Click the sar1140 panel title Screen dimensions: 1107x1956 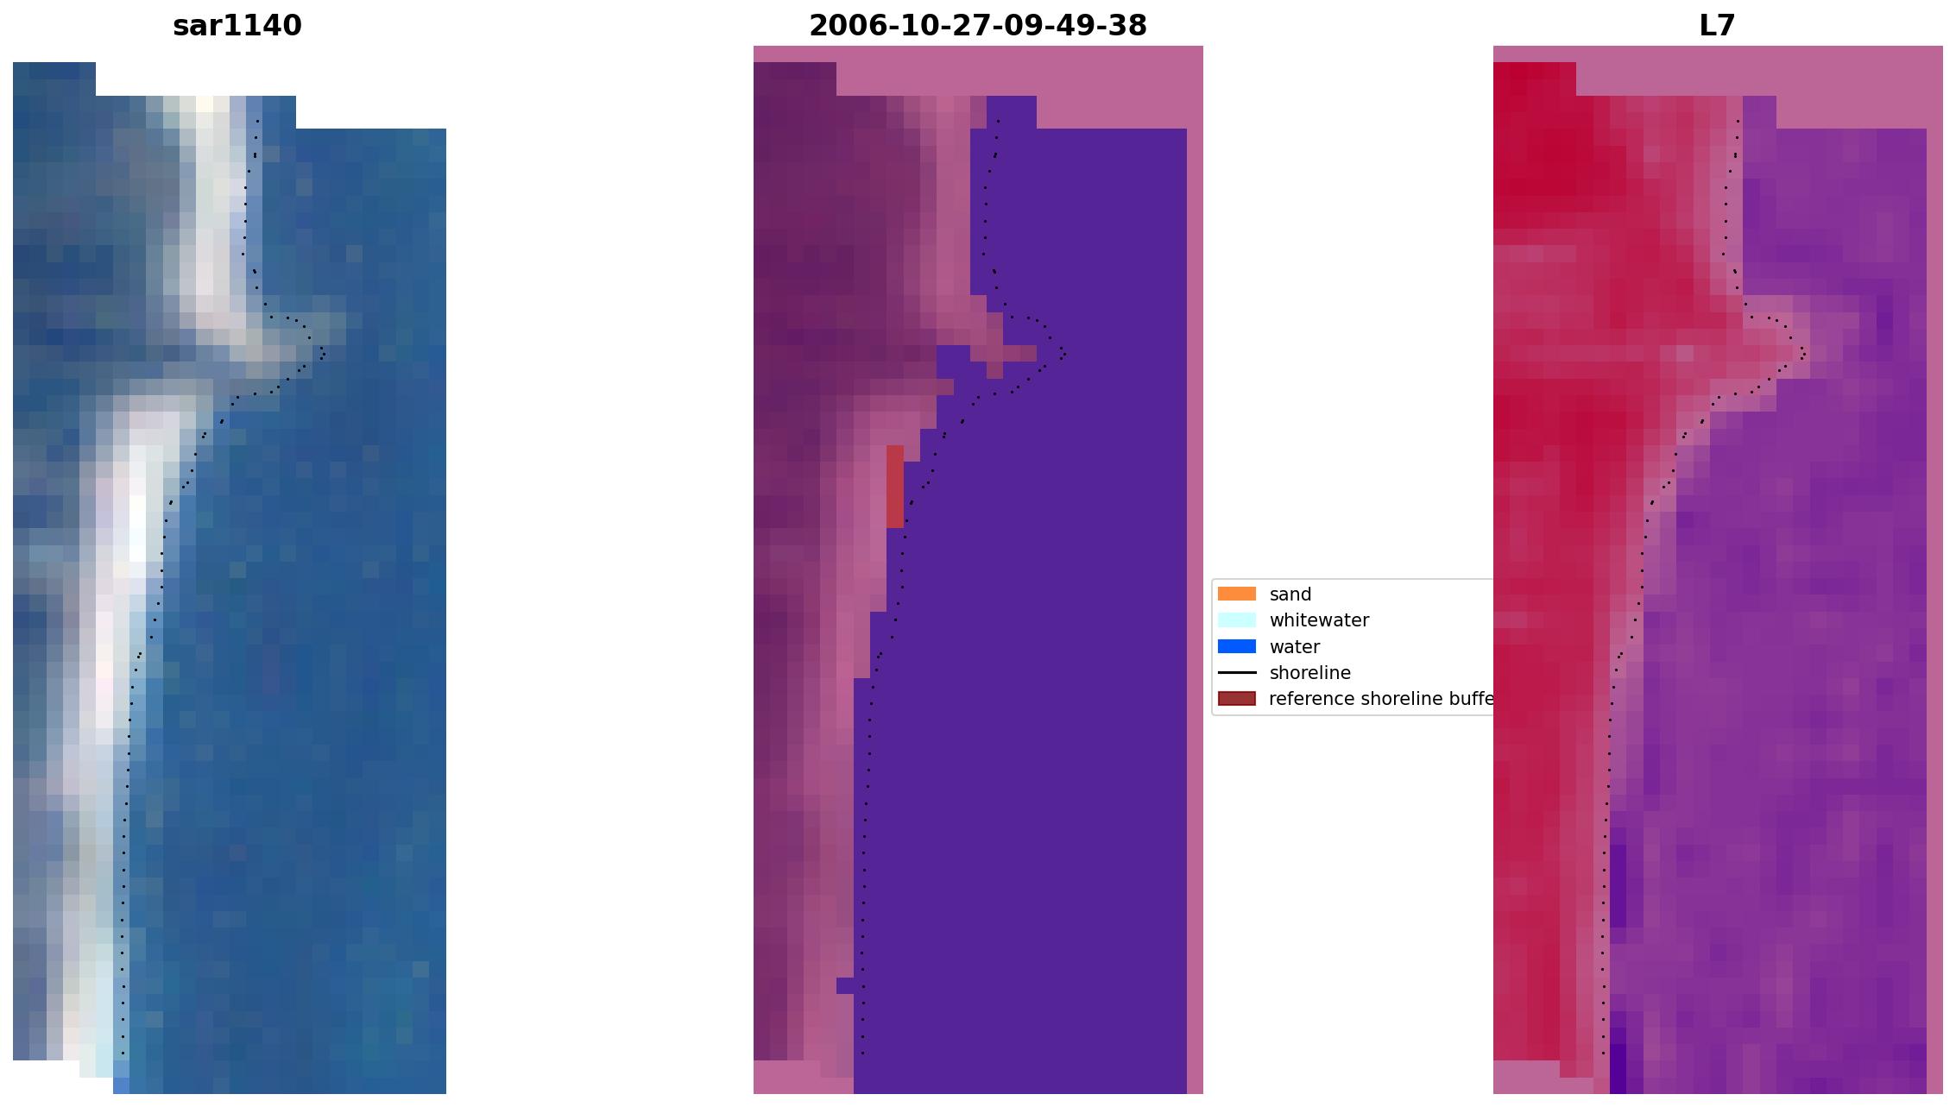(x=237, y=26)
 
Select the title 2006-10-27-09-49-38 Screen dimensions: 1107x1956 (x=978, y=26)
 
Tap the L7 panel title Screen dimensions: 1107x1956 (x=1717, y=26)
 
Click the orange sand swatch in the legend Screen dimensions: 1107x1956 (x=1236, y=594)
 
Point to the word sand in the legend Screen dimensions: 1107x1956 (x=1290, y=594)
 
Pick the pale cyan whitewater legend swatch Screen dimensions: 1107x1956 (x=1236, y=620)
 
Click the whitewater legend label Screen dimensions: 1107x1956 (x=1319, y=620)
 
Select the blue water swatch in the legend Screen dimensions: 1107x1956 (x=1236, y=646)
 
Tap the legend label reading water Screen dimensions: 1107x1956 (x=1294, y=647)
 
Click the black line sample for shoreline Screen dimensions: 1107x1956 (x=1236, y=672)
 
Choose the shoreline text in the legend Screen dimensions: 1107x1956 (x=1309, y=673)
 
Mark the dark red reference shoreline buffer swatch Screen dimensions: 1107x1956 (x=1236, y=698)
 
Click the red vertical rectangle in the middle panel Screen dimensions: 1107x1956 (x=895, y=486)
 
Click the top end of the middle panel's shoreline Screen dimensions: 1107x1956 (x=999, y=121)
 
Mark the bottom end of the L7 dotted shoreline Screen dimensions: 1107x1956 (x=1604, y=1053)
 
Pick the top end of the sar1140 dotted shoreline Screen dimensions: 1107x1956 (x=258, y=121)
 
